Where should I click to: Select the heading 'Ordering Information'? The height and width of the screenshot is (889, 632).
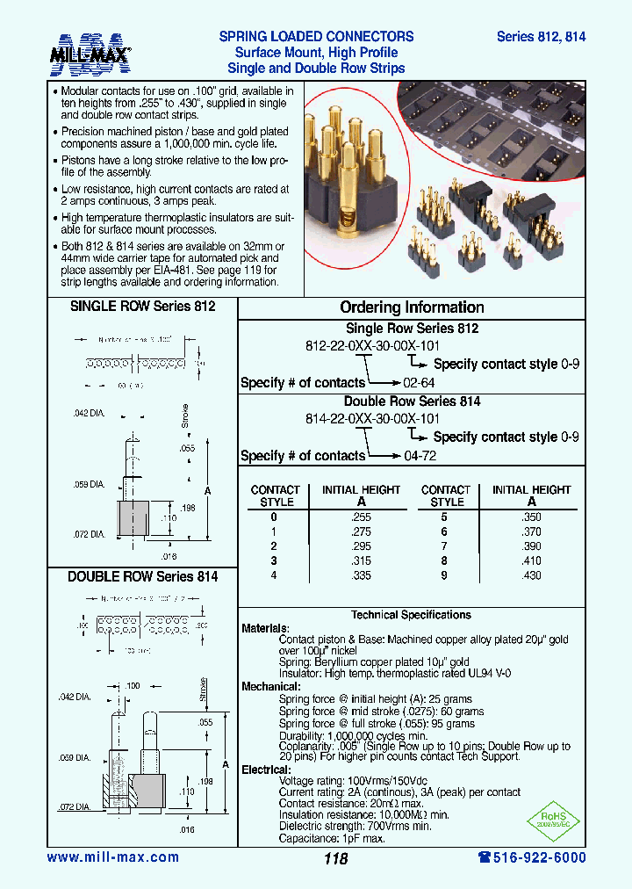(412, 307)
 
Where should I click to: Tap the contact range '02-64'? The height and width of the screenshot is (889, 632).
(419, 383)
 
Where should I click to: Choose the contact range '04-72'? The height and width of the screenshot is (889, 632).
(419, 456)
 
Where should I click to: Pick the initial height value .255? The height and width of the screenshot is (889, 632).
(360, 518)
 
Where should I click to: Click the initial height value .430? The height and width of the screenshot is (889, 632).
(531, 575)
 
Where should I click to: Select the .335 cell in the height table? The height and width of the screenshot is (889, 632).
(360, 575)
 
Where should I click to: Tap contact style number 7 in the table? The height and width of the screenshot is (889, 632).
(444, 546)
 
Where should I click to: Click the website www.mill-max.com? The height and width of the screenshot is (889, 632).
(112, 857)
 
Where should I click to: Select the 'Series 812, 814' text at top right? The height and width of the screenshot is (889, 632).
(541, 37)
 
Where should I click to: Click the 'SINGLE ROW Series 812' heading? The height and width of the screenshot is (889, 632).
(142, 307)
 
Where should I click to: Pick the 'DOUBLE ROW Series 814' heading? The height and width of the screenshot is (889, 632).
(142, 576)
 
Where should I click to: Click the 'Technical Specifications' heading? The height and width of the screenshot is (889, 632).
(411, 615)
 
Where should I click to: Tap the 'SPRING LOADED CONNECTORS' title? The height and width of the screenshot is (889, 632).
(316, 37)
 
